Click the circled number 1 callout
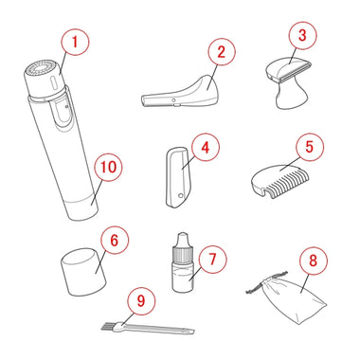click(75, 42)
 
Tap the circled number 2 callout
click(222, 51)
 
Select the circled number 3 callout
click(302, 35)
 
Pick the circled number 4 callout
click(206, 148)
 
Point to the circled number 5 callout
click(310, 147)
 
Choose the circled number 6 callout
click(115, 240)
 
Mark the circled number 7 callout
click(213, 260)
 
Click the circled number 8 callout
click(313, 261)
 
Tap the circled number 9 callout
click(141, 301)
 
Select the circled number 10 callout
click(108, 167)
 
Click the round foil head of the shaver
click(41, 67)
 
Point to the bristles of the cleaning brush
click(109, 326)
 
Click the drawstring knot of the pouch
click(267, 280)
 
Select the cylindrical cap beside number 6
click(83, 272)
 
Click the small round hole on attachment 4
click(180, 196)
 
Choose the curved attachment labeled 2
click(181, 93)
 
